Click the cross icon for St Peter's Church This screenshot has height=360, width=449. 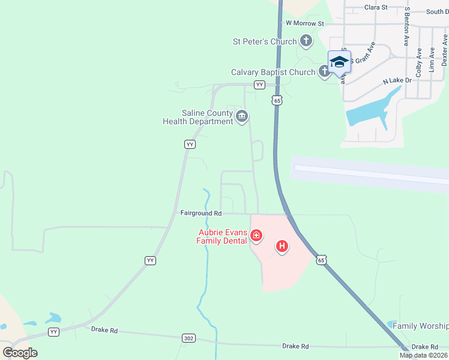[306, 41]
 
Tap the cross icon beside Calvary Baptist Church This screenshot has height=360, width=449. [325, 72]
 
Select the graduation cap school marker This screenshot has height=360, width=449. [339, 62]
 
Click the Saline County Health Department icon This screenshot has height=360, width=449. [242, 116]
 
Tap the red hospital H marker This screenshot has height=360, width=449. [282, 246]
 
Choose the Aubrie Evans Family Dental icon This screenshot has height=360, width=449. [256, 236]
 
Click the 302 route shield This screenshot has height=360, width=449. [189, 338]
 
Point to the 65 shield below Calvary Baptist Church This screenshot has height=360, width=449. [276, 101]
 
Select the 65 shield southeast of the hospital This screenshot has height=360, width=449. [322, 259]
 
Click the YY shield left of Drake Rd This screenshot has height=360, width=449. [54, 331]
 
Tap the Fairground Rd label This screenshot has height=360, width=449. [201, 213]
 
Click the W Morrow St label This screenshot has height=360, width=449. [304, 23]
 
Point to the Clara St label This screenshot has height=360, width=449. [376, 7]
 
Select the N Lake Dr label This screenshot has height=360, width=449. [397, 80]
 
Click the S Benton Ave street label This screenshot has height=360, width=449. [406, 28]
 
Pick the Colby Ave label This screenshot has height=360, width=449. [419, 61]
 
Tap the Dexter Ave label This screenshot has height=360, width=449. [445, 50]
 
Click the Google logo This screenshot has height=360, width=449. [20, 353]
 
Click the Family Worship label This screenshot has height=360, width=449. [420, 326]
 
